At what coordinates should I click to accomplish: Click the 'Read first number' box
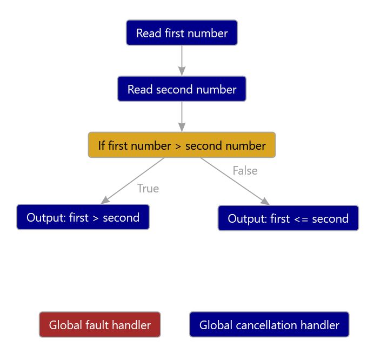pyautogui.click(x=182, y=33)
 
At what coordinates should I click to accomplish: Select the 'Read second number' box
pyautogui.click(x=182, y=89)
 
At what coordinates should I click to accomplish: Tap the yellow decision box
pyautogui.click(x=182, y=145)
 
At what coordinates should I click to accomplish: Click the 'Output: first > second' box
pyautogui.click(x=83, y=217)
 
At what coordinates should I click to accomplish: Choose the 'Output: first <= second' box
pyautogui.click(x=288, y=218)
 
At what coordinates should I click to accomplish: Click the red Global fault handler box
pyautogui.click(x=99, y=325)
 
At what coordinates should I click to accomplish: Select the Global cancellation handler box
pyautogui.click(x=269, y=325)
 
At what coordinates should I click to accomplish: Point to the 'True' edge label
pyautogui.click(x=148, y=189)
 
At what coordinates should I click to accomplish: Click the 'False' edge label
pyautogui.click(x=245, y=171)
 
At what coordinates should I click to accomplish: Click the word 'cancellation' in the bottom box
pyautogui.click(x=269, y=325)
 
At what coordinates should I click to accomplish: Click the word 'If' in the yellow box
pyautogui.click(x=102, y=145)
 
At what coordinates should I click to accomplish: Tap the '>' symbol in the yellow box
pyautogui.click(x=178, y=146)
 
